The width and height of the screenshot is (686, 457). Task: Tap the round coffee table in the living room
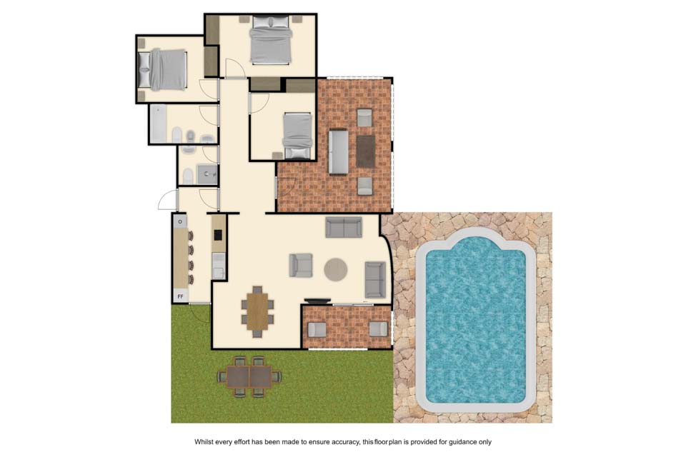click(x=336, y=269)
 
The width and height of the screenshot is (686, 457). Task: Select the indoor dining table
click(x=257, y=311)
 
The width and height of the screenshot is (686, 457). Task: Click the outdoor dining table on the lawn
click(x=249, y=376)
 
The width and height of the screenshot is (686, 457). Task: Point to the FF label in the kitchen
click(x=180, y=297)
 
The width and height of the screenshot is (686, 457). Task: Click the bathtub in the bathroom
click(x=159, y=124)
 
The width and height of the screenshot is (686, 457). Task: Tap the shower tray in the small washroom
click(x=207, y=174)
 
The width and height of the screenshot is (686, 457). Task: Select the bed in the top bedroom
click(x=271, y=39)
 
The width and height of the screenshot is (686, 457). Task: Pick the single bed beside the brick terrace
click(x=298, y=136)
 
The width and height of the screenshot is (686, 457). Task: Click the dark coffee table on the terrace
click(x=365, y=151)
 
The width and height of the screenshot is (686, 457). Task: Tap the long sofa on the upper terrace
click(x=339, y=152)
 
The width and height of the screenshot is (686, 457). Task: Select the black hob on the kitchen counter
click(x=217, y=235)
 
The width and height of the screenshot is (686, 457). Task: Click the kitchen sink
click(x=218, y=266)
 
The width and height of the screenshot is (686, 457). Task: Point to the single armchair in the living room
click(x=301, y=265)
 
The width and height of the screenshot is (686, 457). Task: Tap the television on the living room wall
click(x=317, y=301)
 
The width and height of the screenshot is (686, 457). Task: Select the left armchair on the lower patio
click(x=317, y=329)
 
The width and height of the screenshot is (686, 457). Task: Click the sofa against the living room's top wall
click(x=344, y=227)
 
